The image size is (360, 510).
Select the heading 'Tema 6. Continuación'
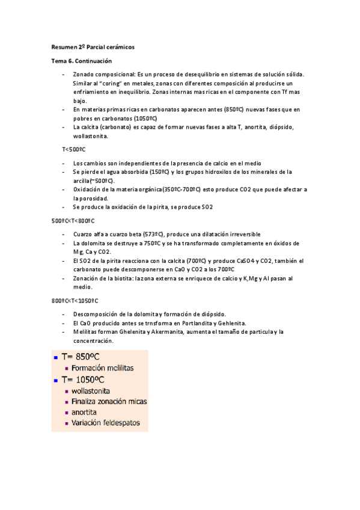(81, 61)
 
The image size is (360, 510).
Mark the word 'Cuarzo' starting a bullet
(83, 234)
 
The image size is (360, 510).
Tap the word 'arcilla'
(81, 180)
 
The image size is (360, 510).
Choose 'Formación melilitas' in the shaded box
(102, 367)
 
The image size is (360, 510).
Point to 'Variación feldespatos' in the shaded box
(105, 423)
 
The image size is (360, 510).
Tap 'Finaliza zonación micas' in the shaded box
(109, 401)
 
